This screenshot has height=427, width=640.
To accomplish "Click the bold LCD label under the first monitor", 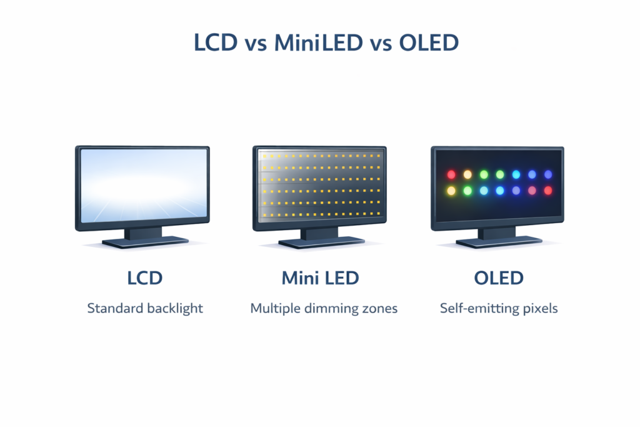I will (145, 278).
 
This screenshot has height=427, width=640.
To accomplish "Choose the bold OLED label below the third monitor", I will (498, 278).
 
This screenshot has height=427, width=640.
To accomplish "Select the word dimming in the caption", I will (333, 309).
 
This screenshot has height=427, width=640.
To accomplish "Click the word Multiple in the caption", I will (274, 308).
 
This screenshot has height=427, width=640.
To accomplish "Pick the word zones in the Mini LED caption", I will (380, 308).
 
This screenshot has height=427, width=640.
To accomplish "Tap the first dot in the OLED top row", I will (451, 174).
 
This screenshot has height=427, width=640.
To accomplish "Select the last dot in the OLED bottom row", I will (548, 190).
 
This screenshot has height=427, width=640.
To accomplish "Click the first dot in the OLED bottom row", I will (451, 190).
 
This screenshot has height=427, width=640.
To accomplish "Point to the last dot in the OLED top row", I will (548, 174).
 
